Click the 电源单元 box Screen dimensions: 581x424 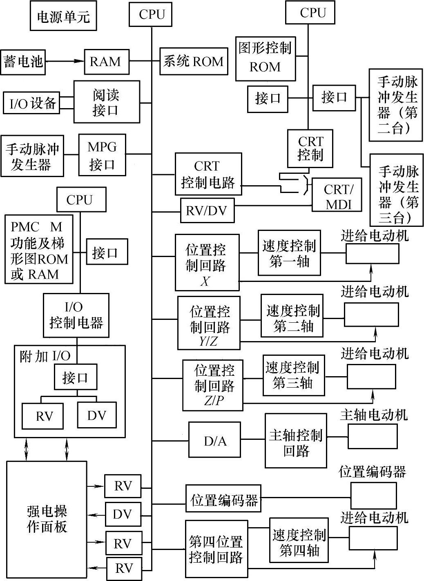tap(63, 17)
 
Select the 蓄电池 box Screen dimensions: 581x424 tap(23, 62)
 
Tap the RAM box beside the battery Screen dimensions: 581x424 tap(106, 62)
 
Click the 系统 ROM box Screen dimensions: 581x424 tap(193, 62)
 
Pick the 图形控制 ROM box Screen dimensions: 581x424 tap(266, 58)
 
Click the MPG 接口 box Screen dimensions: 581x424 tap(102, 155)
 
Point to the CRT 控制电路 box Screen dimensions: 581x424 tap(208, 174)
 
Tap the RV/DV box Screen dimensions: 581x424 tap(208, 211)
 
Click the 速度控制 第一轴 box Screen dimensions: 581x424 tap(289, 253)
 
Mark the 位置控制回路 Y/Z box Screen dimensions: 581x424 tap(209, 323)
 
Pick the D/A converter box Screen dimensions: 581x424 tap(215, 440)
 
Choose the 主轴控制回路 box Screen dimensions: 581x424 tap(296, 441)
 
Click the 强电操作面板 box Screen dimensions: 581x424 tap(47, 519)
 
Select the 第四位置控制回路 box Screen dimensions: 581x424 tap(216, 549)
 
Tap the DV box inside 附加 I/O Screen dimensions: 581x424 tap(96, 415)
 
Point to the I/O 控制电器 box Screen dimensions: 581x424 tap(76, 315)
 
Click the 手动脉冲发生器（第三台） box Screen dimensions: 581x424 tap(396, 190)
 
